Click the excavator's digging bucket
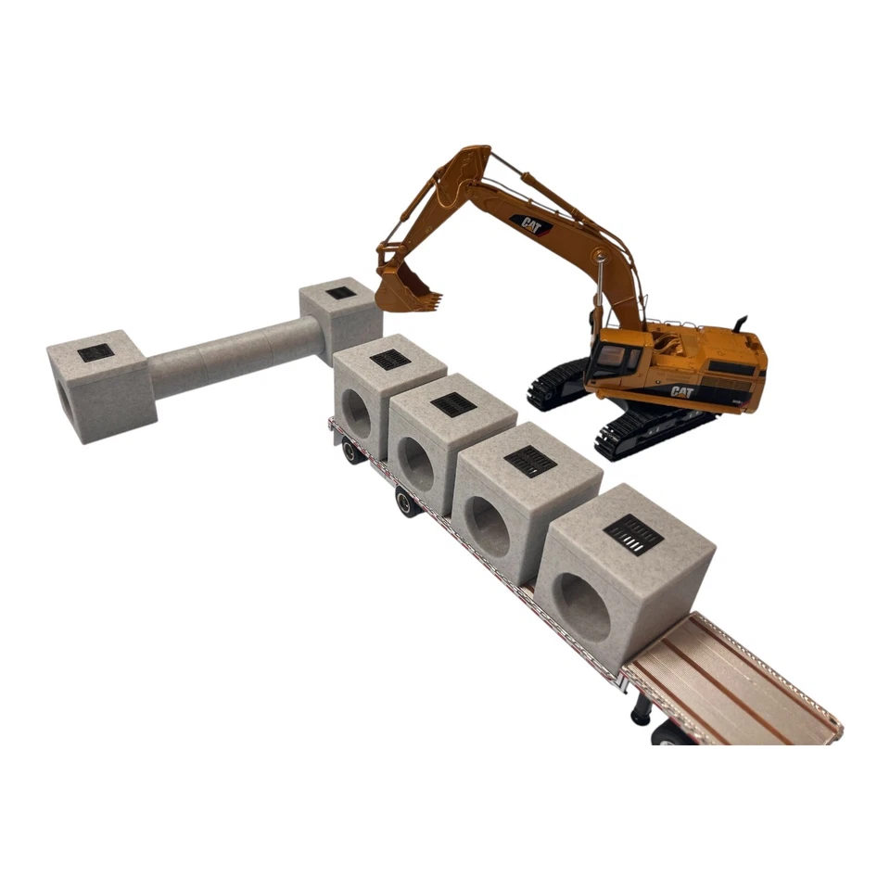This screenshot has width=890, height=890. tap(406, 287)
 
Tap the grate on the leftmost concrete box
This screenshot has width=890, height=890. tap(95, 352)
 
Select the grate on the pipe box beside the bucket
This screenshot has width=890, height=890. tap(340, 293)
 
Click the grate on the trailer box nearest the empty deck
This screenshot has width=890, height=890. tap(633, 535)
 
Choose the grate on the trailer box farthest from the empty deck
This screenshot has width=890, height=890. tap(390, 360)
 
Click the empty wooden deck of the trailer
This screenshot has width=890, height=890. tap(732, 681)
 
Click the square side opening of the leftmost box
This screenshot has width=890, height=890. tap(62, 397)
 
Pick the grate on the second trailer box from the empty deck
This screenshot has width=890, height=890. tap(530, 461)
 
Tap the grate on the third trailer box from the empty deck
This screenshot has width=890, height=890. tap(453, 404)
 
